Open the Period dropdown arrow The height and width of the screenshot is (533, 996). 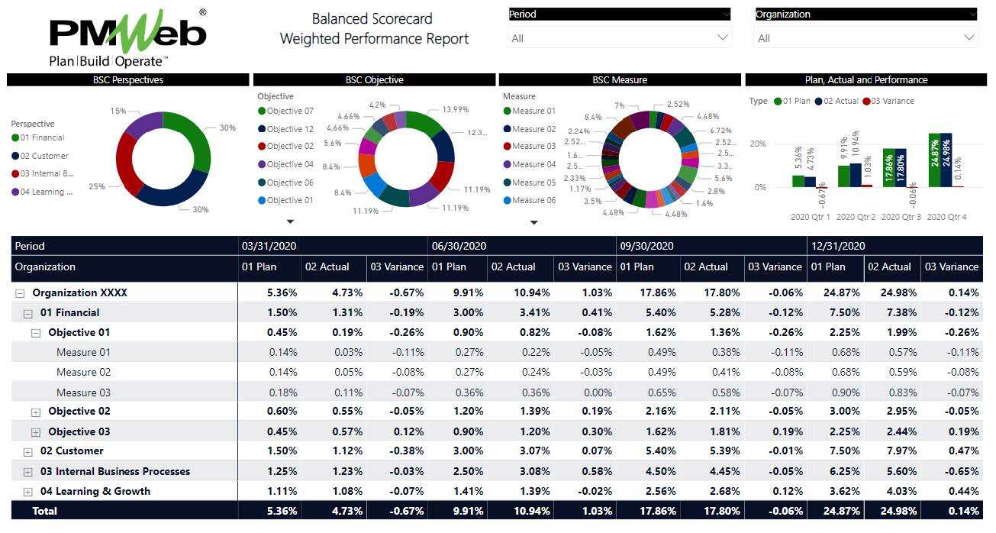722,37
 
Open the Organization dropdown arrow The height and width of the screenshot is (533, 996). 969,37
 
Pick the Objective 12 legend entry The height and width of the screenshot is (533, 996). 289,129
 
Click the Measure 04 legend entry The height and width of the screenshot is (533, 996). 533,164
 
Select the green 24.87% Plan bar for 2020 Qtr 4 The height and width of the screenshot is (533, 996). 935,160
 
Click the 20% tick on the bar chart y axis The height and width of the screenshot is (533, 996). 758,144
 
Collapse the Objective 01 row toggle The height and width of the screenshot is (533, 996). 35,333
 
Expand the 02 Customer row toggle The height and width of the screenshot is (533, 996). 27,452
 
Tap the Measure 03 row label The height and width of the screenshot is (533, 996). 83,392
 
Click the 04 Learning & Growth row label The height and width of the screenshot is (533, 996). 95,491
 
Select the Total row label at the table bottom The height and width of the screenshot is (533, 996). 44,511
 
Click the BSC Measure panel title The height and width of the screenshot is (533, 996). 619,79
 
